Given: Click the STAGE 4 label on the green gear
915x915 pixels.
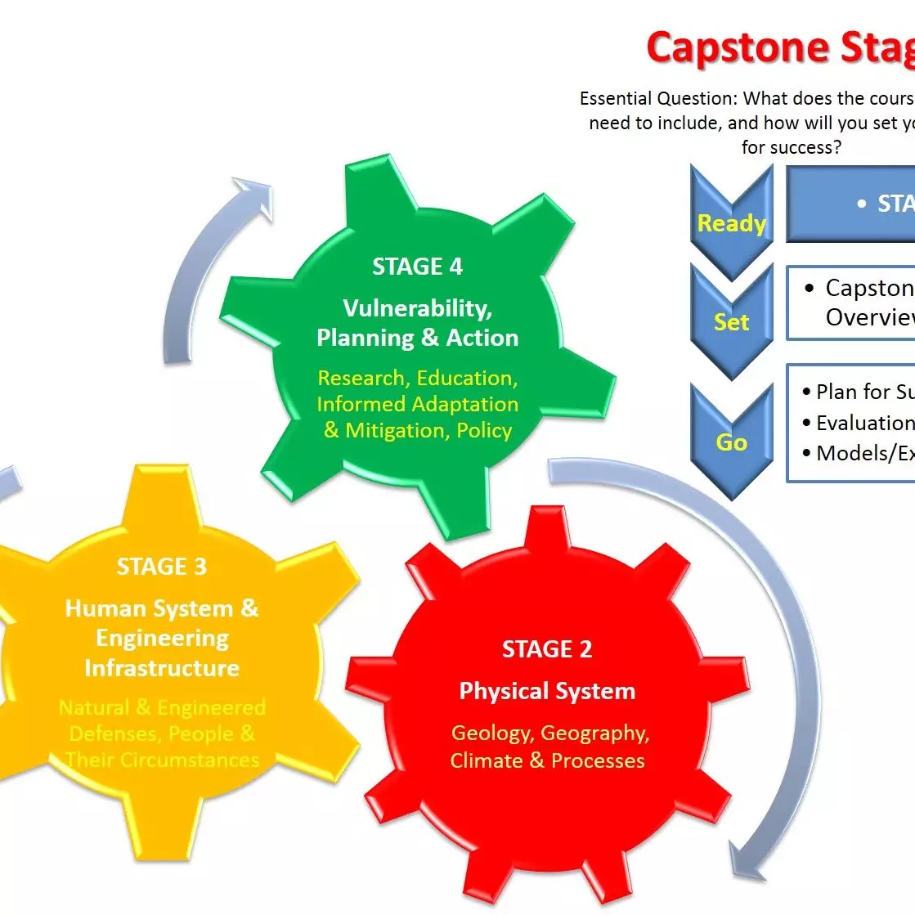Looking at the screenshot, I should tap(417, 267).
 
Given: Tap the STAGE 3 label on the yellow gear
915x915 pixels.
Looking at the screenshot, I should tap(162, 567).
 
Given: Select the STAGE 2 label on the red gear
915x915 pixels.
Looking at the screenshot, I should tap(547, 649).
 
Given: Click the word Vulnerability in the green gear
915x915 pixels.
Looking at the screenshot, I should tap(417, 308).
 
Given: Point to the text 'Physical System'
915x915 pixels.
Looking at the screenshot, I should tap(547, 691).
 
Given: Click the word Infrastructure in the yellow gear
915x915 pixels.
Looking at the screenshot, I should tap(162, 668).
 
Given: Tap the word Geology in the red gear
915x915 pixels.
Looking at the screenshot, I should tap(492, 733).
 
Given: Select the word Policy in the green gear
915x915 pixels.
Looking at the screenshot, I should tap(484, 430).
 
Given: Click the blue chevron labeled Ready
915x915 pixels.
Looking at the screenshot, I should tap(731, 222).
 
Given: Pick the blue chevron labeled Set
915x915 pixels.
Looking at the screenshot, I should tap(731, 321).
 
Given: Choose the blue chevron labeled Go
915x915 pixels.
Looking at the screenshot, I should tap(731, 442).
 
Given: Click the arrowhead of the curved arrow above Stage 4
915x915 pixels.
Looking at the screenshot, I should tap(255, 196).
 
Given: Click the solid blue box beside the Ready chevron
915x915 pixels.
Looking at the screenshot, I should tap(850, 204).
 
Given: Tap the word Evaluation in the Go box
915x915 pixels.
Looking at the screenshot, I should tap(864, 423).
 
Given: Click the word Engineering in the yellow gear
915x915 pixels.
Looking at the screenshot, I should tap(162, 638).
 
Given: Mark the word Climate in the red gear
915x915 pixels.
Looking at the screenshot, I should tap(486, 760).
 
